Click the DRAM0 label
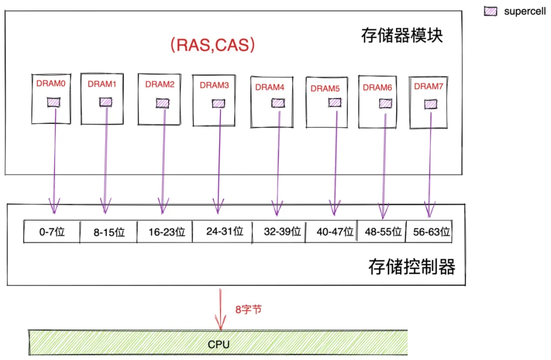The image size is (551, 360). click(x=51, y=84)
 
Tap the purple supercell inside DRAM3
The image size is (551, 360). click(x=218, y=104)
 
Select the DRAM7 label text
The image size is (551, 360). click(x=429, y=86)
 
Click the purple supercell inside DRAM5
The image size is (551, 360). click(x=335, y=102)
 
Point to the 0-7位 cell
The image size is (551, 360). click(x=52, y=232)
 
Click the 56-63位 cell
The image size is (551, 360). click(x=429, y=232)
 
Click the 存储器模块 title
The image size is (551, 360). click(x=402, y=36)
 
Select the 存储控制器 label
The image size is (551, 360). click(x=412, y=267)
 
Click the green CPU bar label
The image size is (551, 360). click(x=218, y=345)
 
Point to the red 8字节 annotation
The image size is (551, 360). click(x=248, y=310)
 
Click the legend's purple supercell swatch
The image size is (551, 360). click(x=491, y=11)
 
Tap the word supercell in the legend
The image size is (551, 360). click(x=524, y=12)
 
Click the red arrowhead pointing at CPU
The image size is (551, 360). click(x=220, y=322)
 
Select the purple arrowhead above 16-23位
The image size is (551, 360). click(x=163, y=206)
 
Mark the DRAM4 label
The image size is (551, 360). click(x=269, y=87)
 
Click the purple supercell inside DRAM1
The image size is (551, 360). click(x=106, y=102)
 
